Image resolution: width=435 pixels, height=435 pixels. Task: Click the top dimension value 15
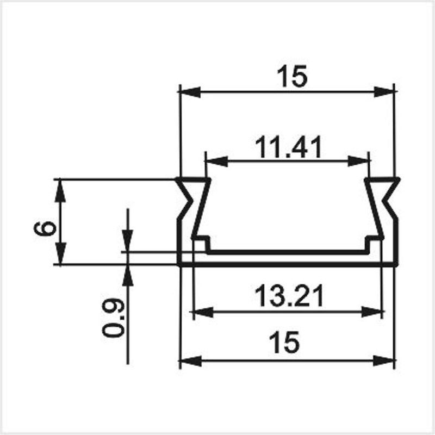pyautogui.click(x=293, y=76)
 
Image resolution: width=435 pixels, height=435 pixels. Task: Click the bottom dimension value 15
pyautogui.click(x=285, y=343)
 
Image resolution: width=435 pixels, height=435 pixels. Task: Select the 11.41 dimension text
pyautogui.click(x=289, y=147)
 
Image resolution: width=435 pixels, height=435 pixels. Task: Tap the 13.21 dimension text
pyautogui.click(x=289, y=295)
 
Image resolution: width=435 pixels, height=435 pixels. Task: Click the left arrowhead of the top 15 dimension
pyautogui.click(x=190, y=91)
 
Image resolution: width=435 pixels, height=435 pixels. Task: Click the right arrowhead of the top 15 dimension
pyautogui.click(x=384, y=92)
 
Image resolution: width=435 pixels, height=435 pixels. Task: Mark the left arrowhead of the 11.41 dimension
pyautogui.click(x=216, y=161)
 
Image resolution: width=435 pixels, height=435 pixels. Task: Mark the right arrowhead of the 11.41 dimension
pyautogui.click(x=358, y=161)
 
